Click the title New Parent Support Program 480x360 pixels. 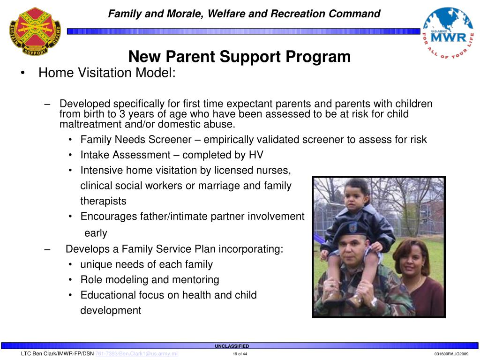click(x=240, y=57)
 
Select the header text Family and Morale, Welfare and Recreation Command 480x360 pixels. click(x=244, y=14)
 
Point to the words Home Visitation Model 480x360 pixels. click(x=107, y=73)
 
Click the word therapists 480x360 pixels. click(x=103, y=201)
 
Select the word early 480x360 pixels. click(x=96, y=233)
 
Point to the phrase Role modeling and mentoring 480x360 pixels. click(x=150, y=280)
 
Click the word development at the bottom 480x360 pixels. click(x=111, y=310)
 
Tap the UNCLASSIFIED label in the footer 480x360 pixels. click(x=232, y=346)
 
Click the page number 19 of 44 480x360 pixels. click(x=240, y=354)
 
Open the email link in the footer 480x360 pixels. click(x=137, y=354)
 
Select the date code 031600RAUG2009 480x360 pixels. click(x=451, y=354)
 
